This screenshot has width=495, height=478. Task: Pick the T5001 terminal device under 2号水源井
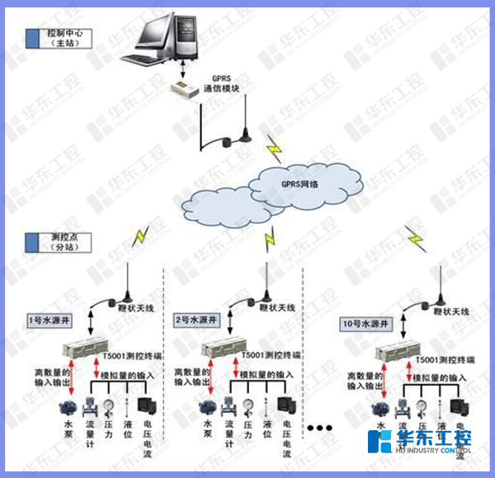[228, 349]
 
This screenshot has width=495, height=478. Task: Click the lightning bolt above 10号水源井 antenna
[416, 239]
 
